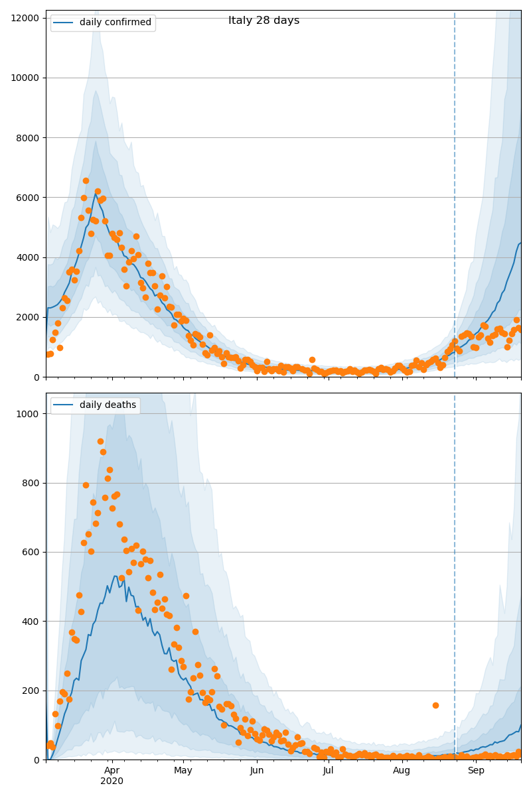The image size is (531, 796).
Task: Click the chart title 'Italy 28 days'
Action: (x=264, y=21)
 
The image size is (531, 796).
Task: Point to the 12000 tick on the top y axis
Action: (x=24, y=17)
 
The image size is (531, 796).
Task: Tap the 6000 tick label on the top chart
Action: (x=27, y=198)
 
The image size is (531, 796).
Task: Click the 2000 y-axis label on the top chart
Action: (x=27, y=317)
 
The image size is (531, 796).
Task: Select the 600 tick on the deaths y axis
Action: (x=31, y=552)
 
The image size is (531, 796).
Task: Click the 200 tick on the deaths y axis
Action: (x=31, y=691)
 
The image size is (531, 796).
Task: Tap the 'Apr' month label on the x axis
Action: (x=112, y=771)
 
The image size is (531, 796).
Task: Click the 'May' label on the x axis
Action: (x=183, y=771)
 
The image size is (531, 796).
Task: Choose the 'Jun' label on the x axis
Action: (x=257, y=771)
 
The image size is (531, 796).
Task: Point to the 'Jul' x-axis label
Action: (x=329, y=771)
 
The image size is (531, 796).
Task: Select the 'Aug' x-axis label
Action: (x=402, y=771)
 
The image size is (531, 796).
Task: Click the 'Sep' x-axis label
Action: (x=476, y=771)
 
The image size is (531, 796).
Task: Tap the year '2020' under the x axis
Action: (x=112, y=781)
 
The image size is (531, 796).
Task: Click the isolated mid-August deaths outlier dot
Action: (x=435, y=705)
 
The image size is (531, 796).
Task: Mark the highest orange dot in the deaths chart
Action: (x=100, y=441)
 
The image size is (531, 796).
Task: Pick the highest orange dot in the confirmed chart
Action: (x=86, y=180)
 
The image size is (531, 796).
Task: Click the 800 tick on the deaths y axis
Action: (x=31, y=483)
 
